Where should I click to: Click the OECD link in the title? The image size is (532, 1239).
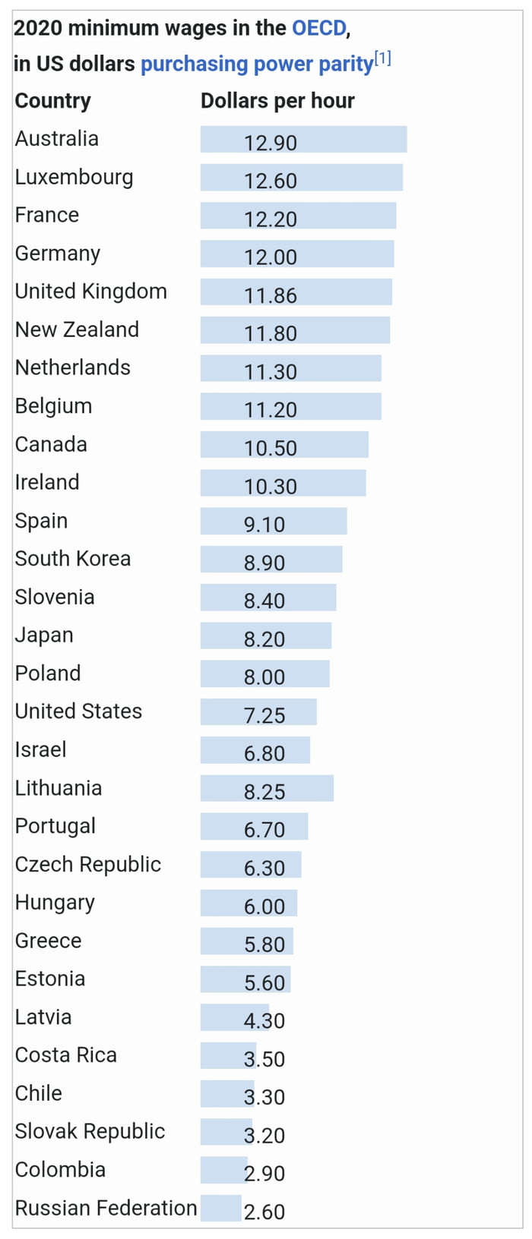tap(319, 29)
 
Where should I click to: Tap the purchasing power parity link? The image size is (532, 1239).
tap(256, 65)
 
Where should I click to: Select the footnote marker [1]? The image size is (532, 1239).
tap(382, 58)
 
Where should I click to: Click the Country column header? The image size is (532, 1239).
tap(52, 101)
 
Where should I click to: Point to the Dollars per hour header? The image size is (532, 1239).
tap(277, 101)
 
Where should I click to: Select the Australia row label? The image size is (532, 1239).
tap(57, 139)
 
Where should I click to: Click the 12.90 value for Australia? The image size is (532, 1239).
tap(271, 143)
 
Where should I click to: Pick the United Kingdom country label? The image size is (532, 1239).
tap(90, 292)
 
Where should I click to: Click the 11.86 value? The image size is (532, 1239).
tap(271, 295)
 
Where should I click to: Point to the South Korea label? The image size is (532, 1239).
tap(73, 559)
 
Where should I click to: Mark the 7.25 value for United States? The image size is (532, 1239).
tap(264, 715)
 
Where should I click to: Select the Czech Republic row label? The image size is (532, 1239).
tap(88, 865)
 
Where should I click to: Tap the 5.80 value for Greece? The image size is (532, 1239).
tap(264, 944)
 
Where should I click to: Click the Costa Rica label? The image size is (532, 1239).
tap(66, 1055)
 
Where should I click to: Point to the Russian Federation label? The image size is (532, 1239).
tap(106, 1208)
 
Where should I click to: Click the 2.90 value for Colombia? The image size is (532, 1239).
tap(264, 1173)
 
